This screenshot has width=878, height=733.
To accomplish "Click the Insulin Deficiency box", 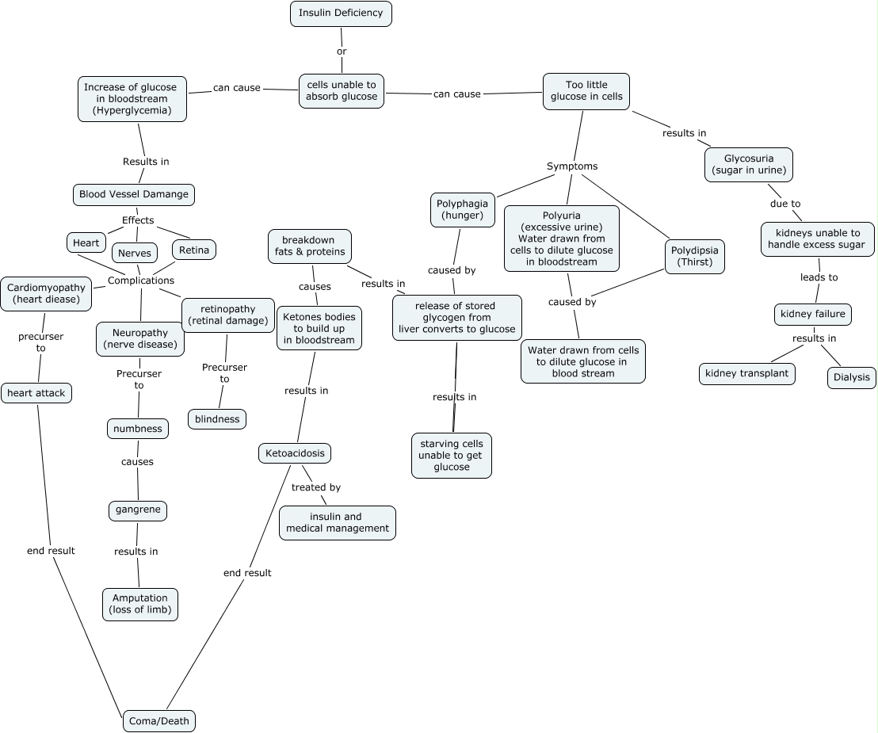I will [341, 13].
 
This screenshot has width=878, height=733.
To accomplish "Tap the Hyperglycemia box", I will [132, 99].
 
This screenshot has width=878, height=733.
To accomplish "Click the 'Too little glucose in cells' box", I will [586, 91].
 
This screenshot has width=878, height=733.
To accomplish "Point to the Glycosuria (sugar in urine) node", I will [749, 164].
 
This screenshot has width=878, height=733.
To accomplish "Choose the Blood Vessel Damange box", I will [133, 194].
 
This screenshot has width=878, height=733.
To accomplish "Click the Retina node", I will [194, 250].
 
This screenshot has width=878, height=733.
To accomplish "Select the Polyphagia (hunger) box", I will [462, 209].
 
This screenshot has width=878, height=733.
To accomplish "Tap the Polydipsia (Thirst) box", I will [694, 256].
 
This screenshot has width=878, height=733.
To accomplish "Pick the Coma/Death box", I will [158, 720].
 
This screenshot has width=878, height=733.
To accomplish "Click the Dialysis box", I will [852, 377].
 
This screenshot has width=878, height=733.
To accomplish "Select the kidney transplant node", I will [746, 372].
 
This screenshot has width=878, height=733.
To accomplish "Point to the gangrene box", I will [138, 510].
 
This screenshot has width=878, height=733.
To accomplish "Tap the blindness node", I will [217, 418].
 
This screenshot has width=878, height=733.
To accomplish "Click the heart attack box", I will [36, 392].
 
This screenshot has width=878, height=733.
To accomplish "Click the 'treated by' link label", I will [315, 487].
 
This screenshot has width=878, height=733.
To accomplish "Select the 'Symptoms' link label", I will [571, 166].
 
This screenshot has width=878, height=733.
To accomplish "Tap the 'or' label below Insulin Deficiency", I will [342, 52].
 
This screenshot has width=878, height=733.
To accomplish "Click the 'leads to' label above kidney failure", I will [819, 277].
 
